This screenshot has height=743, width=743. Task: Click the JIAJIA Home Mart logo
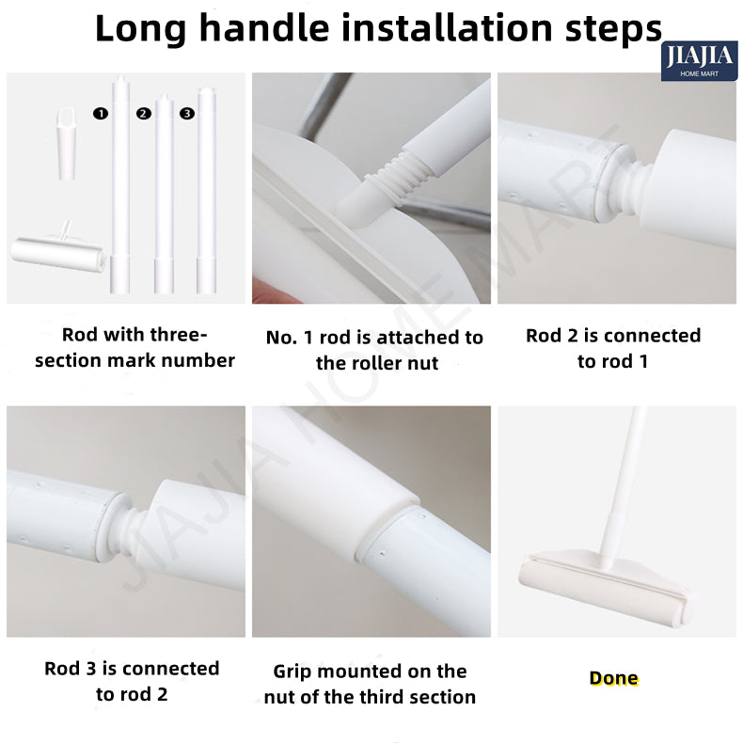[699, 61]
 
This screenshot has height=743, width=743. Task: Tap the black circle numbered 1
[101, 113]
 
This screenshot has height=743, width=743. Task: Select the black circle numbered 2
[144, 113]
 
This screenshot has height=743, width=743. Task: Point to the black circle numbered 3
[187, 113]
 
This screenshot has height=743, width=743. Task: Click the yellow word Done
[613, 678]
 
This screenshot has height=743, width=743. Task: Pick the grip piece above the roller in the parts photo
[67, 144]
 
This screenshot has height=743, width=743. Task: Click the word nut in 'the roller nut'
[424, 363]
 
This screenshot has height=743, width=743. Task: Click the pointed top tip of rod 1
[120, 77]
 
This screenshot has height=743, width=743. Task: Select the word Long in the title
[141, 29]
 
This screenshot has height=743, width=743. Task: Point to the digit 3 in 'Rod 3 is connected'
[90, 669]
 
